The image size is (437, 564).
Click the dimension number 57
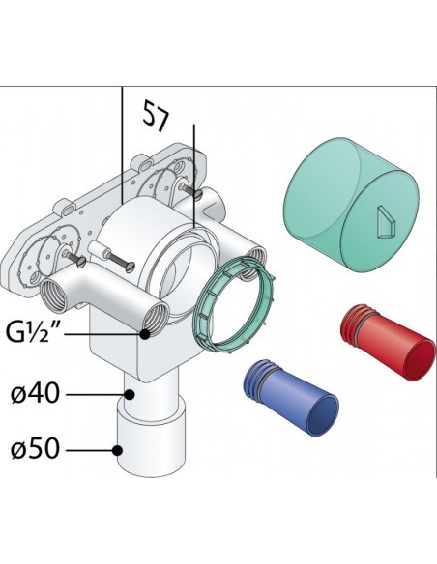point(156,116)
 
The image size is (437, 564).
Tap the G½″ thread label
point(33,333)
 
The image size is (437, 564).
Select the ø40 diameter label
point(35,394)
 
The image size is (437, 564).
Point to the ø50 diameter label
point(35,449)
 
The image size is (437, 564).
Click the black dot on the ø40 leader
point(130,395)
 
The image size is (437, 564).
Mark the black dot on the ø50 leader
point(117,450)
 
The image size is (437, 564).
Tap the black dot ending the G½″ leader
point(145,334)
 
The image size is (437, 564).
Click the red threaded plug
point(388,341)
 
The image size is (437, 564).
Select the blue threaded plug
point(291,397)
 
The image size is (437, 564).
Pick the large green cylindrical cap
point(352,204)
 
